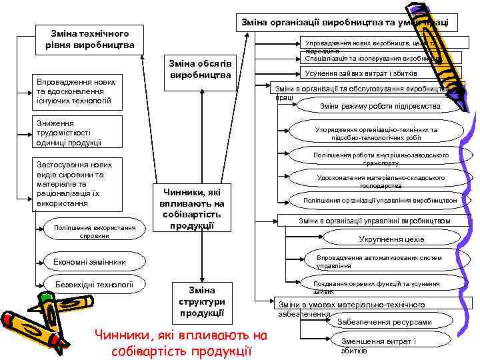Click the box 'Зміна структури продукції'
click(x=201, y=301)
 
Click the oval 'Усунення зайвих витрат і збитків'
click(x=360, y=73)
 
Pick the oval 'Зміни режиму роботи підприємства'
click(x=379, y=106)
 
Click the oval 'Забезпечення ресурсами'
click(x=384, y=322)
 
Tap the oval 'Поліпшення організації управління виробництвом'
click(x=380, y=200)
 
